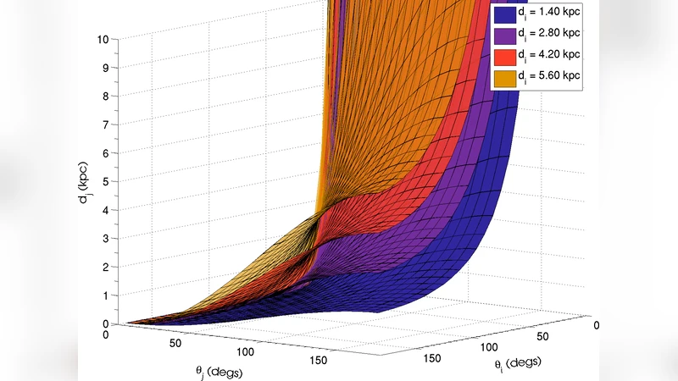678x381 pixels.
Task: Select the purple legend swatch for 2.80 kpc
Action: [x=505, y=36]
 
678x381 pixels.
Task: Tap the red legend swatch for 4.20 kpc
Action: [x=505, y=57]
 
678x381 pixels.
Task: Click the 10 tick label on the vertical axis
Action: [x=102, y=39]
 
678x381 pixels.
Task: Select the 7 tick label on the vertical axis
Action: [x=104, y=124]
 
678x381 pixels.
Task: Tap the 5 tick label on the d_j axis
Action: [x=104, y=181]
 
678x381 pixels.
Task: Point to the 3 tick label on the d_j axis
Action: [x=104, y=239]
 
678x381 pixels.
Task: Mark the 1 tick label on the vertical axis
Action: [x=104, y=295]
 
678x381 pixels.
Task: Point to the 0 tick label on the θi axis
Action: [x=598, y=324]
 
